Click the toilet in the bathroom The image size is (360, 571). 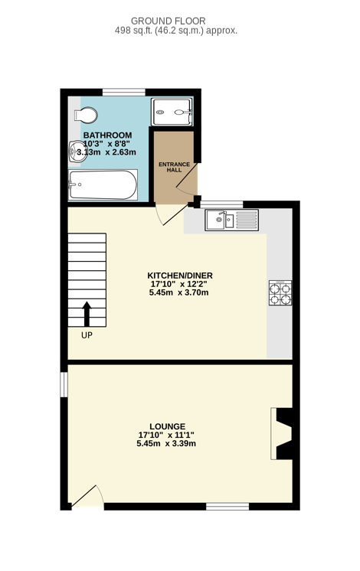point(86,115)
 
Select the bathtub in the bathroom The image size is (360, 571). point(103,184)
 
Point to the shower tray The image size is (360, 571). point(172,113)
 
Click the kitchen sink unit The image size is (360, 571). point(232,220)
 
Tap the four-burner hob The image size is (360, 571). point(280,293)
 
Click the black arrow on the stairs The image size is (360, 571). point(87,314)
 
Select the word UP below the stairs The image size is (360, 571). point(87,335)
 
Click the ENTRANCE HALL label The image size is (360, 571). point(174,167)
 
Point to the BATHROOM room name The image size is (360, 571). point(107,135)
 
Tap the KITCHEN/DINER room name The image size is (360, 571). point(180,276)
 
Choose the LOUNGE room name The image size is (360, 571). point(167,426)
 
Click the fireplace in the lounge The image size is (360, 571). point(281,433)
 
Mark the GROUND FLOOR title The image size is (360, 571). point(169,21)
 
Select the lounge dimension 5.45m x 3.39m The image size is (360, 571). point(166,443)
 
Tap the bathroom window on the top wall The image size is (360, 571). point(124,92)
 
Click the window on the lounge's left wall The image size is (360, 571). point(64,384)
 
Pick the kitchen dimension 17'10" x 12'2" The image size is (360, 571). point(179,284)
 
